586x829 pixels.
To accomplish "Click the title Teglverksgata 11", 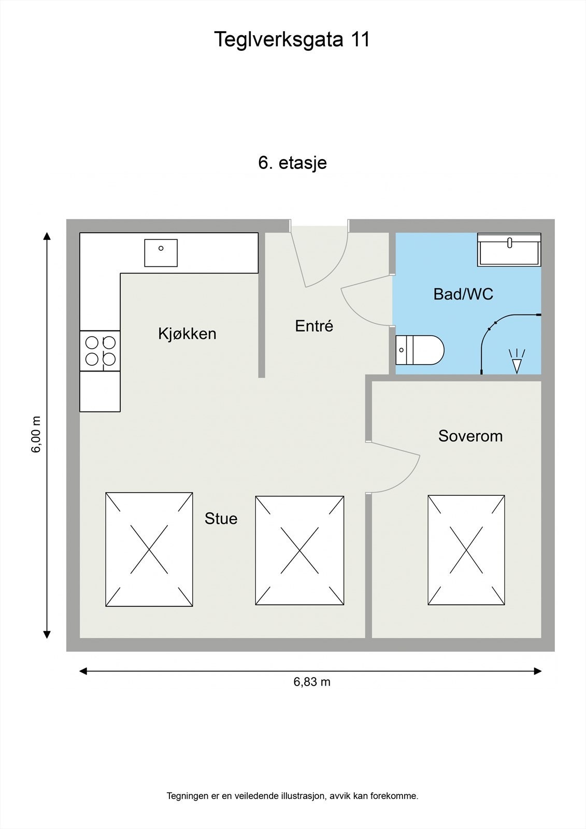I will coord(292,39).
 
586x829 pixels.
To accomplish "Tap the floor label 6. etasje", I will coord(292,163).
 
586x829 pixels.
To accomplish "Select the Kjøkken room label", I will coord(187,334).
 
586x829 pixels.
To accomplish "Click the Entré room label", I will coord(314,326).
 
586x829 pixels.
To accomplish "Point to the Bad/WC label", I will coord(463,294).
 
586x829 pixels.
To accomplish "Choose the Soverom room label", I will coord(470,436).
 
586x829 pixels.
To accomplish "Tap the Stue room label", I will coord(221,519).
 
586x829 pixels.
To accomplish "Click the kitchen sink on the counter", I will coord(161,253).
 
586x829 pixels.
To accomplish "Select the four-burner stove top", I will coord(100,351).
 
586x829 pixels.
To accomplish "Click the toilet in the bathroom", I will coord(420,350).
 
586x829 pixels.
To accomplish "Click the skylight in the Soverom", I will coord(466,550).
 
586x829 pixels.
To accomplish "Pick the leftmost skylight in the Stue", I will coord(149,549).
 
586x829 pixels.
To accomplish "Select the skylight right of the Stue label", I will coord(299,550).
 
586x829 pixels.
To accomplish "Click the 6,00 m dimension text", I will coord(36,434).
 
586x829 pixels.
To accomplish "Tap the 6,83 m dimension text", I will coord(312,682).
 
